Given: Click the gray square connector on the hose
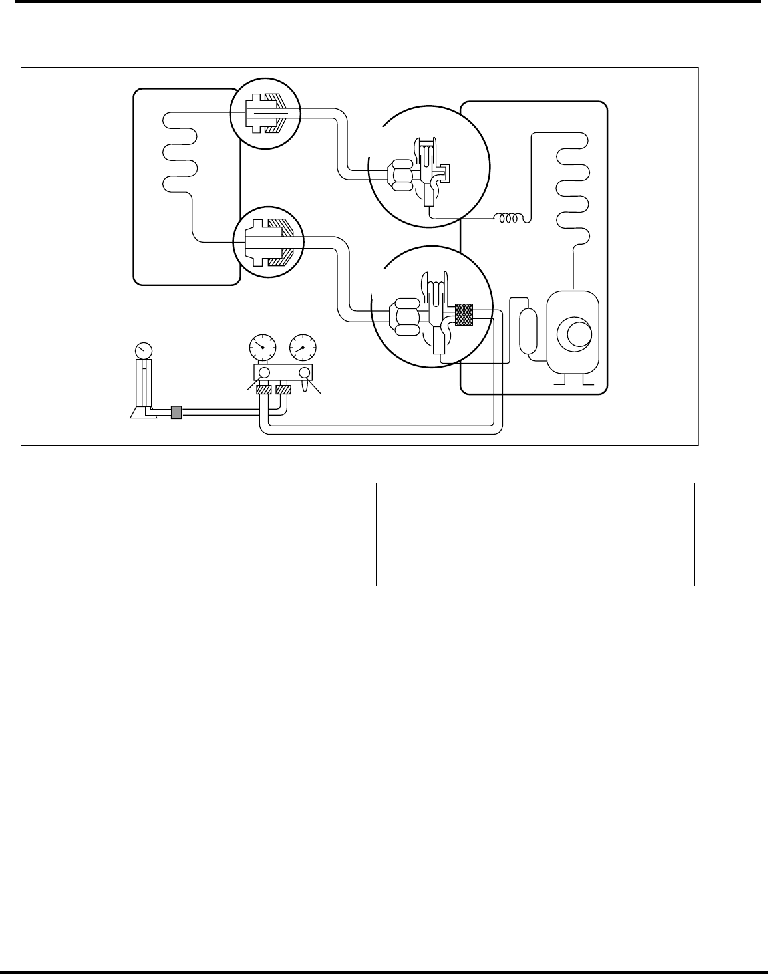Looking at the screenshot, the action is (x=176, y=413).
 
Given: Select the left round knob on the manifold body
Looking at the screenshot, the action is (x=263, y=373).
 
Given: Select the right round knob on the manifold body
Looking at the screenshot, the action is (x=304, y=373).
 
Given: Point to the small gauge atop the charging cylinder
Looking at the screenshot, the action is (x=143, y=350).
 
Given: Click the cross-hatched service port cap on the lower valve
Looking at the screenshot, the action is (x=464, y=315).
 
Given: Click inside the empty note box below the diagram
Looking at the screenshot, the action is (x=535, y=535).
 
